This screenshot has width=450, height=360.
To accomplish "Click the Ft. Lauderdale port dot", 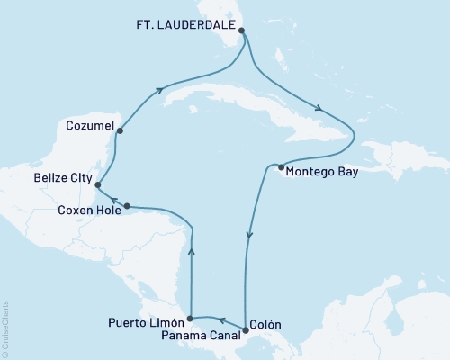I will tap(241, 31).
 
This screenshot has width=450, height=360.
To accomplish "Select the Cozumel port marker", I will tap(119, 131).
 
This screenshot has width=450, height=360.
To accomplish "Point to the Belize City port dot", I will tap(98, 185).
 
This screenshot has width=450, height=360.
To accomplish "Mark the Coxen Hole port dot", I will tap(119, 207).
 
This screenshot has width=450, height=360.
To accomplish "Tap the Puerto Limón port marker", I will tap(189, 318).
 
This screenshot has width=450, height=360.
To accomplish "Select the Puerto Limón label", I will tap(144, 321).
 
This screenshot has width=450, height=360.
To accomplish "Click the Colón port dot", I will tap(246, 330).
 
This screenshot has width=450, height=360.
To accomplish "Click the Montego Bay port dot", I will tap(281, 167).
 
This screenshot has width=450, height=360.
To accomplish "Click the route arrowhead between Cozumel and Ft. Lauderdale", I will tap(160, 89).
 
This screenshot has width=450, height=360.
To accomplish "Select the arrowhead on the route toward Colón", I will tap(247, 237).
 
